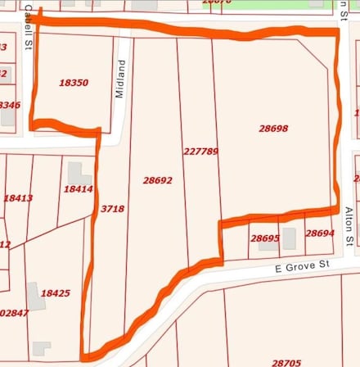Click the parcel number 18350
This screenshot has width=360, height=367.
click(74, 83)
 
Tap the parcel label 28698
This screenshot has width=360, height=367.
click(273, 129)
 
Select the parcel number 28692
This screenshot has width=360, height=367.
click(157, 180)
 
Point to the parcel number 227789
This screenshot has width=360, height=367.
click(200, 152)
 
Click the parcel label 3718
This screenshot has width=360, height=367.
click(112, 209)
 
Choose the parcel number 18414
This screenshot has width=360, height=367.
click(78, 189)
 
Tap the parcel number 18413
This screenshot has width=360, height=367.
click(17, 198)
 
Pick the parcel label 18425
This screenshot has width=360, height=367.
click(55, 293)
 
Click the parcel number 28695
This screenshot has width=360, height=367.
click(264, 238)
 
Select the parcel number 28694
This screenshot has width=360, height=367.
click(320, 233)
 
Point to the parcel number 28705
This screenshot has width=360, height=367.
click(286, 361)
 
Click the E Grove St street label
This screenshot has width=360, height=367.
click(301, 266)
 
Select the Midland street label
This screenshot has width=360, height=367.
click(120, 79)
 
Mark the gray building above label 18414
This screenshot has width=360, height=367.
click(79, 173)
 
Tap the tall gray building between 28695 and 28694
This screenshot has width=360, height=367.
click(289, 238)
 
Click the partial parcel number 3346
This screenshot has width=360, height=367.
click(9, 105)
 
